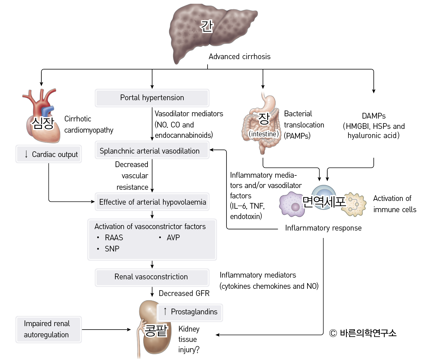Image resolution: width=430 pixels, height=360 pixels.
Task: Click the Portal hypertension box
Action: (x=152, y=98)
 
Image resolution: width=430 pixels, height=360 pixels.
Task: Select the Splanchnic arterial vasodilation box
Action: (x=152, y=151)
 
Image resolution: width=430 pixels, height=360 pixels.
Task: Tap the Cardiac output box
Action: (x=49, y=154)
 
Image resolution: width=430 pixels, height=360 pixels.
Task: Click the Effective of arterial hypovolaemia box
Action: (x=152, y=202)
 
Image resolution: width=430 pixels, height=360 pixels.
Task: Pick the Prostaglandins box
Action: (x=190, y=312)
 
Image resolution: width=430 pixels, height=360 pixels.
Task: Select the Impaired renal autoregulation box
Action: (x=49, y=329)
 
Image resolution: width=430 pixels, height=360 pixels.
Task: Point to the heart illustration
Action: (x=42, y=118)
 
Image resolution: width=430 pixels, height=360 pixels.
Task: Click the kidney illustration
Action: (x=152, y=330)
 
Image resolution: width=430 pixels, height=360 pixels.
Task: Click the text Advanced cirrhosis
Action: (x=239, y=57)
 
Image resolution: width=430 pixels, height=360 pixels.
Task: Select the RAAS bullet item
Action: (x=114, y=238)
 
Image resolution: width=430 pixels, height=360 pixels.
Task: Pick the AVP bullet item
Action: (x=173, y=238)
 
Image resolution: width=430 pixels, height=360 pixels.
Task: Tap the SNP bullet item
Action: (x=112, y=249)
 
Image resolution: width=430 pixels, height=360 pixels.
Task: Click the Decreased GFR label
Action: (x=184, y=293)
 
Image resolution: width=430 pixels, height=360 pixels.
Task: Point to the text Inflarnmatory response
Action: (x=323, y=228)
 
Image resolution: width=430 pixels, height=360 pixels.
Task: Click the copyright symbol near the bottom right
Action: (x=333, y=333)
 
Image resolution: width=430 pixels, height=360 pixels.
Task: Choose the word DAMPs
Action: (x=373, y=116)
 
